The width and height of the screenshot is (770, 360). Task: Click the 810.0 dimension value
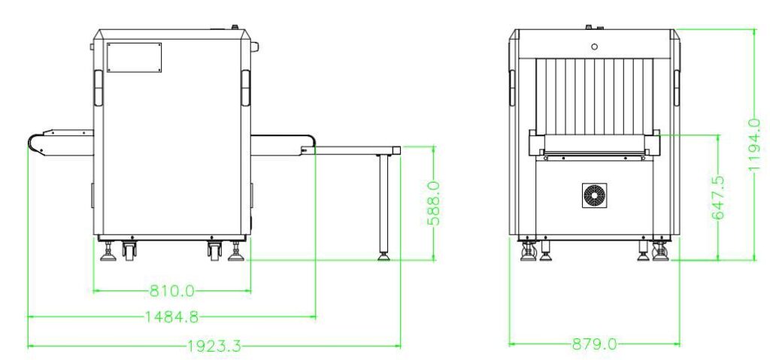(172, 292)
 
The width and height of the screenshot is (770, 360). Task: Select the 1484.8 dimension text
(171, 316)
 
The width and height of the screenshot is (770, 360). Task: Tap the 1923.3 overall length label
(214, 346)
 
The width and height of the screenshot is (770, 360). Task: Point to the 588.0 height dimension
(434, 202)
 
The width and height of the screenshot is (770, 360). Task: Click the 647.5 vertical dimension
(718, 197)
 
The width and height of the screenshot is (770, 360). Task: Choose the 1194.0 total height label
(754, 145)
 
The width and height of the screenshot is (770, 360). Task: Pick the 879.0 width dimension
(594, 344)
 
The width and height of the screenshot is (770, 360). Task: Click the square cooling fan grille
(594, 195)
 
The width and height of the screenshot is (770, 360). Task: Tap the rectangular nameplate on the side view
(134, 57)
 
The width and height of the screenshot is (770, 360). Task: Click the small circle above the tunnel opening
(594, 47)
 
